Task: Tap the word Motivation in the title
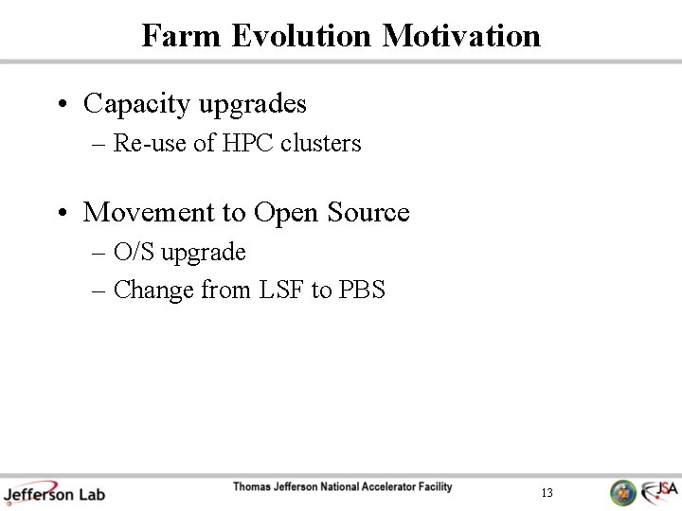(x=461, y=36)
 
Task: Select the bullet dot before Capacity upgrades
(x=61, y=104)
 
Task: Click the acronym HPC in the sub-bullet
(x=249, y=144)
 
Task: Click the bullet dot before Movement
(x=61, y=213)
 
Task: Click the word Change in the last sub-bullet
(x=154, y=291)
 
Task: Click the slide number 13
(x=547, y=493)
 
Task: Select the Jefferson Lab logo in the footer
(x=53, y=493)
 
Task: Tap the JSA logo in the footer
(x=659, y=491)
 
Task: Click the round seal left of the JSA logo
(x=622, y=492)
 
